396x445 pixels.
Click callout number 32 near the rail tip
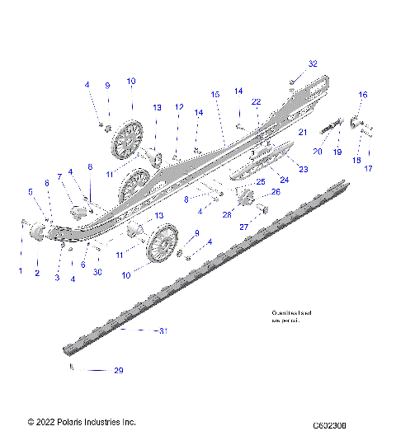(x=313, y=63)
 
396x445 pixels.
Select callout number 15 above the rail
(x=215, y=96)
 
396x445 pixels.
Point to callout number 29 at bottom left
(x=118, y=371)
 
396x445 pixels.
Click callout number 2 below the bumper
(x=36, y=272)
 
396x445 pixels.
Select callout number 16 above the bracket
(x=362, y=96)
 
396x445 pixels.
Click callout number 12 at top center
(x=179, y=107)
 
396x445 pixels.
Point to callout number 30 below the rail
(x=98, y=273)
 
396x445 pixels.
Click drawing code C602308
(x=329, y=426)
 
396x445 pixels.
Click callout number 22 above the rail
(x=256, y=101)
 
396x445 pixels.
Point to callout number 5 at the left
(x=31, y=192)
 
